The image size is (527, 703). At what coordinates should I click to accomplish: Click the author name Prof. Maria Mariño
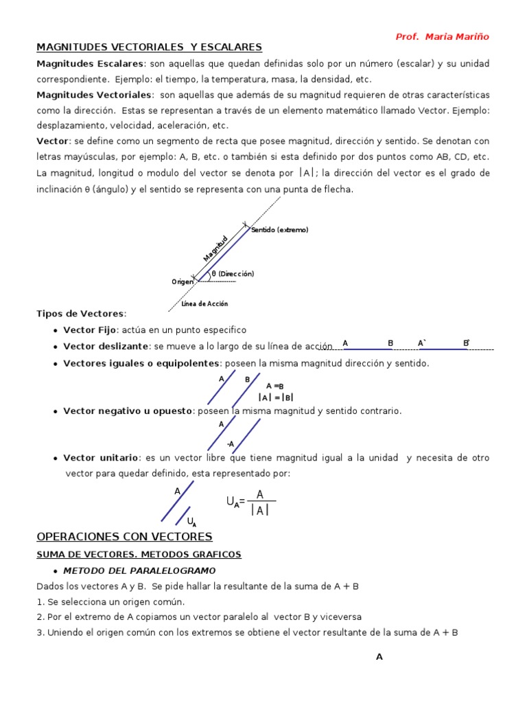[x=443, y=36]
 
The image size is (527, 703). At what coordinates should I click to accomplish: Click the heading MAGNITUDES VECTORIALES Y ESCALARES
[x=149, y=47]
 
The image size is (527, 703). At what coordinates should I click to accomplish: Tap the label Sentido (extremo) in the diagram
[x=280, y=230]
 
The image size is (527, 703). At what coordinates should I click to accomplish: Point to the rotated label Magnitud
[x=215, y=249]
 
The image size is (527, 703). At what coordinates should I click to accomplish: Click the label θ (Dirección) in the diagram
[x=233, y=274]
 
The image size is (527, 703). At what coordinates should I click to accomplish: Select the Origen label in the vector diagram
[x=183, y=281]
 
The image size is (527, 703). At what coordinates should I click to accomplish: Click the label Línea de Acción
[x=204, y=303]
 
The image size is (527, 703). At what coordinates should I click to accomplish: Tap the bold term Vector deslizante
[x=106, y=347]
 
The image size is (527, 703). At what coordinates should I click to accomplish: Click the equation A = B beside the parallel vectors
[x=274, y=387]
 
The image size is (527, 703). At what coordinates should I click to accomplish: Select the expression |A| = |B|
[x=276, y=397]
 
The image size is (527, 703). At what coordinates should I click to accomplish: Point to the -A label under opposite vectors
[x=231, y=443]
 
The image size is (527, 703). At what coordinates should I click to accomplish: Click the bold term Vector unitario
[x=101, y=458]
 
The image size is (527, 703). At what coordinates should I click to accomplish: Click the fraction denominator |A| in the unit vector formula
[x=259, y=510]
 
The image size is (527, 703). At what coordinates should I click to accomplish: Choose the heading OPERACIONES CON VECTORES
[x=124, y=536]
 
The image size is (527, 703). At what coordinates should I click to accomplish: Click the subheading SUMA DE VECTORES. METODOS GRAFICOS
[x=139, y=554]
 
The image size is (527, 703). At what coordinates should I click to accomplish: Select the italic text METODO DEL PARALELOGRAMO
[x=139, y=571]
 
